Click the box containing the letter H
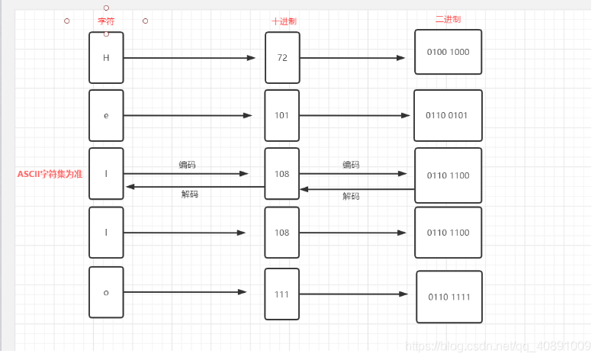(106, 57)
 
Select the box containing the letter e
(106, 116)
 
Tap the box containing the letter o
(106, 292)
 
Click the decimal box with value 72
(282, 57)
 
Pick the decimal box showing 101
(282, 116)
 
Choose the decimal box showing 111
(282, 294)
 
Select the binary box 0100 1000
(448, 52)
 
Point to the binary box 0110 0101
(448, 116)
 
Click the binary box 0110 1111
(449, 297)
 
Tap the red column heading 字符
(106, 21)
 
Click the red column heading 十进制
(284, 21)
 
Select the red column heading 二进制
(448, 19)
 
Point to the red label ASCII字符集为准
(50, 174)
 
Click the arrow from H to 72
(189, 57)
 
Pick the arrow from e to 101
(188, 116)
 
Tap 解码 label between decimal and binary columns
(351, 196)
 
